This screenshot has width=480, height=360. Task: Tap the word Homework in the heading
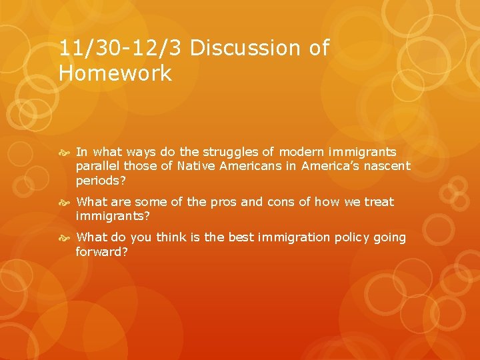tap(115, 73)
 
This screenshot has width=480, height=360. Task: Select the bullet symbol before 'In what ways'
tap(66, 153)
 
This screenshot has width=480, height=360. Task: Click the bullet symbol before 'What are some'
tap(66, 202)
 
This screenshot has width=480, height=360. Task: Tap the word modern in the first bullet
tap(303, 153)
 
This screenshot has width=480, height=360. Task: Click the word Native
tap(195, 166)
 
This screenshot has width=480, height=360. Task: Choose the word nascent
tap(386, 166)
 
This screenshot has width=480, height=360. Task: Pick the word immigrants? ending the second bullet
tap(112, 216)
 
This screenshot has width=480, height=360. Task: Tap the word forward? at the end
tap(101, 252)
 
